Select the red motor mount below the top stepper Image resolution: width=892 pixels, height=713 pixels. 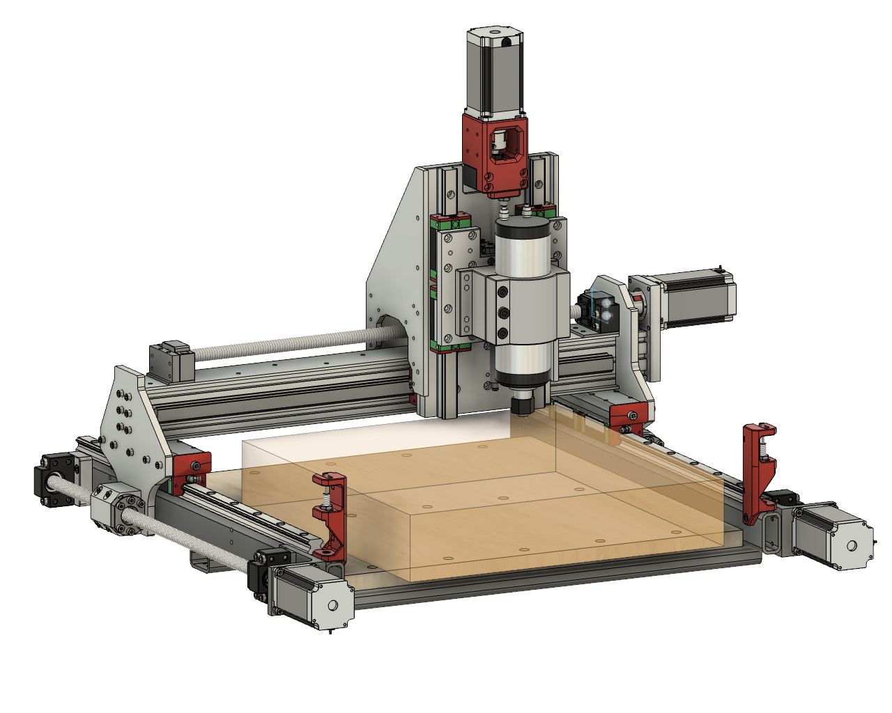point(495,156)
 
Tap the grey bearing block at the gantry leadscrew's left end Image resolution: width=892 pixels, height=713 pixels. point(171,361)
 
